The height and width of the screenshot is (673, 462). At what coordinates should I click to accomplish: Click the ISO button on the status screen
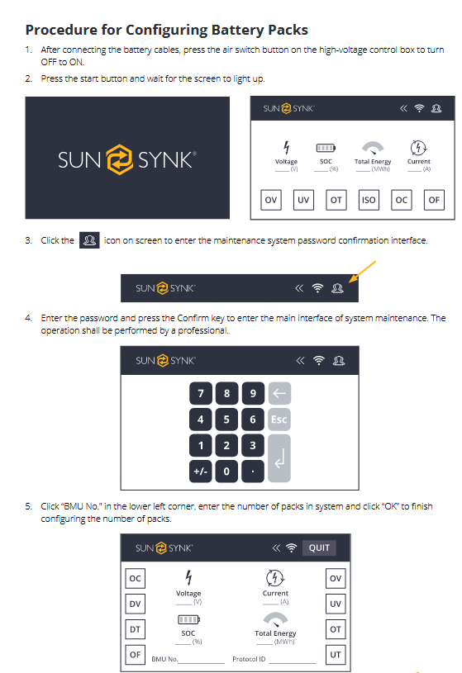[369, 200]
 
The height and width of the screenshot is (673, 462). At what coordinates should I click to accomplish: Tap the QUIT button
[319, 547]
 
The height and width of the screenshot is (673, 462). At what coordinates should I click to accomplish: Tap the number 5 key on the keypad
[226, 419]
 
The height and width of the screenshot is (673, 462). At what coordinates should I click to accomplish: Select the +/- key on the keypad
[200, 472]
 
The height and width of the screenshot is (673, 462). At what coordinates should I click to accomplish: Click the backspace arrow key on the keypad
[279, 393]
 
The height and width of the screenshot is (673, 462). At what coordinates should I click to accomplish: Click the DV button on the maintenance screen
[135, 604]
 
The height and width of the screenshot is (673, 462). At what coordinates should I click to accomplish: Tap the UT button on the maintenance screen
[335, 655]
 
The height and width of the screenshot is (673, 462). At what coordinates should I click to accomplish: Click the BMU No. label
[165, 659]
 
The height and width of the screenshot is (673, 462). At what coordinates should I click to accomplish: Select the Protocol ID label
[249, 659]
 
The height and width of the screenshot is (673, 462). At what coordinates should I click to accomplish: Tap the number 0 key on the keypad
[226, 472]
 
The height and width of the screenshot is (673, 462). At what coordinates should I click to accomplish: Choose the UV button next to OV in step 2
[303, 200]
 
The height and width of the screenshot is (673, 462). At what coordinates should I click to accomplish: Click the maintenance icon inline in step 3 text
[89, 240]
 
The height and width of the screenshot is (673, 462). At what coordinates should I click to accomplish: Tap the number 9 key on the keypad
[253, 393]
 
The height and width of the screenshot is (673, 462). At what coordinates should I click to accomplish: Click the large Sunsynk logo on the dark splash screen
[126, 159]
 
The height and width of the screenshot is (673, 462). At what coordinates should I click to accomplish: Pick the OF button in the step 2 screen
[434, 200]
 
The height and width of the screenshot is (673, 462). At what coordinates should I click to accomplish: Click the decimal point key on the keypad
[253, 472]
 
